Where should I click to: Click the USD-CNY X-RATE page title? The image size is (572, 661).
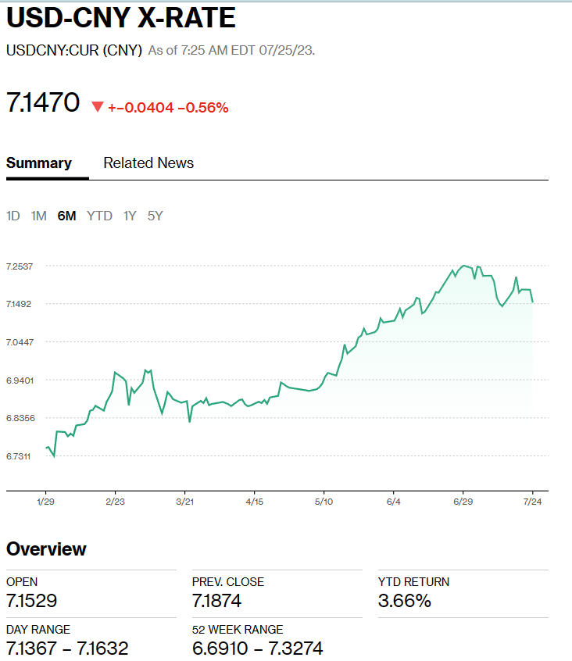[x=121, y=19]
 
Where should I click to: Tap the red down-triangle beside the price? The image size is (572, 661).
[x=98, y=106]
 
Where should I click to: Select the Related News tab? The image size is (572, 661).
[x=148, y=163]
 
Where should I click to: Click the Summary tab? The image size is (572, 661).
[x=39, y=163]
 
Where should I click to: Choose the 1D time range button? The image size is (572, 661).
[x=13, y=216]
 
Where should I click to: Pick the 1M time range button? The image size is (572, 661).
[x=38, y=216]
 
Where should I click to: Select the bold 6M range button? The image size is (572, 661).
[x=66, y=216]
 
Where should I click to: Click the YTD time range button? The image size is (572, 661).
[x=99, y=216]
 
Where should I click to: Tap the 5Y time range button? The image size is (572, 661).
[x=155, y=216]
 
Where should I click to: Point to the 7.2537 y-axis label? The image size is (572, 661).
[x=20, y=266]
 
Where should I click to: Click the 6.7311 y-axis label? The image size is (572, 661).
[x=20, y=456]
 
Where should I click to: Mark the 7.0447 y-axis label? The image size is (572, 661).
[x=20, y=342]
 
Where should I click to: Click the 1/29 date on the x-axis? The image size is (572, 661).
[x=45, y=501]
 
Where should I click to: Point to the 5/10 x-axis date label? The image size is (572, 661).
[x=324, y=501]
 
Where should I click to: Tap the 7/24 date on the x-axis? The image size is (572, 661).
[x=533, y=501]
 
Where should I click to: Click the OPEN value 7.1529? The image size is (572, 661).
[x=31, y=601]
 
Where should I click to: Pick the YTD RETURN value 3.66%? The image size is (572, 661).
[x=404, y=601]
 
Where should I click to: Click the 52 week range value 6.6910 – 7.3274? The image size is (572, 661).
[x=257, y=648]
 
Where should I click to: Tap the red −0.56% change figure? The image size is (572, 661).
[x=203, y=107]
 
